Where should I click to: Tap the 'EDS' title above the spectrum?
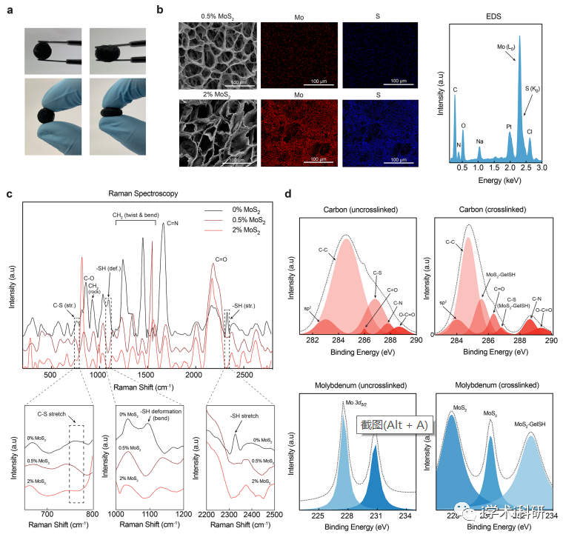click(x=493, y=13)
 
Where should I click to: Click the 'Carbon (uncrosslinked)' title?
click(x=351, y=210)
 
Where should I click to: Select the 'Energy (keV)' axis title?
click(x=493, y=180)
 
